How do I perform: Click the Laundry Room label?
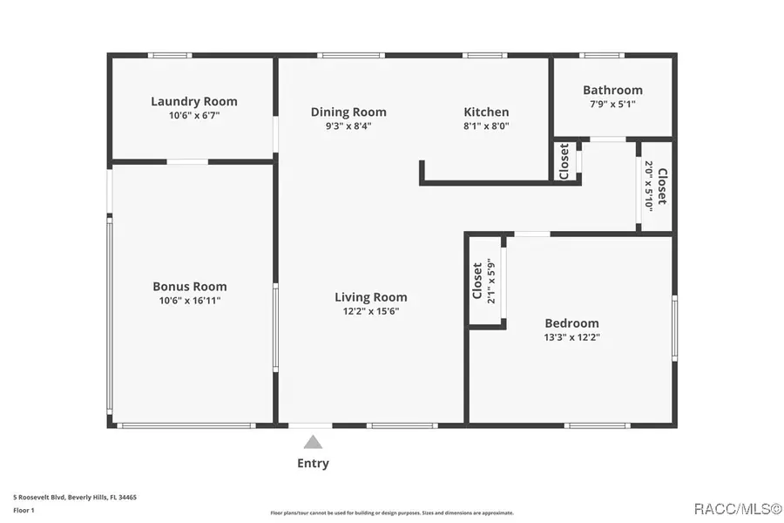coord(194,102)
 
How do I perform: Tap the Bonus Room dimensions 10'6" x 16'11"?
coord(190,301)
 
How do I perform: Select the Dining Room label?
coord(348,112)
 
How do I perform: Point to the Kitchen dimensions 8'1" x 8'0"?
coord(486,126)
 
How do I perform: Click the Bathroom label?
coord(612,90)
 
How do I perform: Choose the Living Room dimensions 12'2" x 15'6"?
coord(371,311)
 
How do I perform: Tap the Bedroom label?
coord(571,323)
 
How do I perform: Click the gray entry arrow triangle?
coord(313,443)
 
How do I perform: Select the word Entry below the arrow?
coord(313,464)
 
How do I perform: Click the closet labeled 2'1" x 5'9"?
coord(484,282)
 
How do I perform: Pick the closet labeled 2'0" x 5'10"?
coord(655,187)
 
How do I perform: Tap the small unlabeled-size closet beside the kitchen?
coord(564,161)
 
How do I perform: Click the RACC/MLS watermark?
coord(738,509)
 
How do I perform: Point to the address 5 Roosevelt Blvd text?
coord(75,498)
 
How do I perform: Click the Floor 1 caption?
coord(24,511)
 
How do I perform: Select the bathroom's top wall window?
coord(602,56)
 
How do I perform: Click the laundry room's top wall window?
coord(170,56)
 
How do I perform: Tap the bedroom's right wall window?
coord(674,328)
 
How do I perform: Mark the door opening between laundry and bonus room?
coord(187,161)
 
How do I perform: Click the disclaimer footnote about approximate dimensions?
coord(392,513)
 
